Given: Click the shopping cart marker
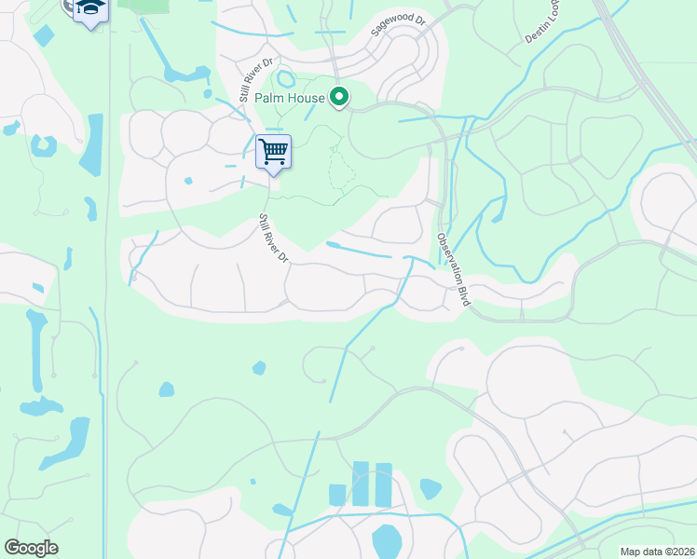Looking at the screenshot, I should click(x=273, y=150).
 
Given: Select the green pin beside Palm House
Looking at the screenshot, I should click(x=340, y=96).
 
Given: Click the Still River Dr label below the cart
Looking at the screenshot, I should click(x=273, y=238).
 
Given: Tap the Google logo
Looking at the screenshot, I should click(x=31, y=548).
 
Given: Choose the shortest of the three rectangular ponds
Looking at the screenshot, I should click(x=338, y=494).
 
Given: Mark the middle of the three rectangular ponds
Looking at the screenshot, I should click(x=361, y=484).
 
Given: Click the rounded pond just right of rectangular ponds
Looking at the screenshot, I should click(x=430, y=488).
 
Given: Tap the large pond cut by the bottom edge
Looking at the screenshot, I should click(x=387, y=540).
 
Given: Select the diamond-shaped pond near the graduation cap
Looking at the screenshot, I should click(x=44, y=35).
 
